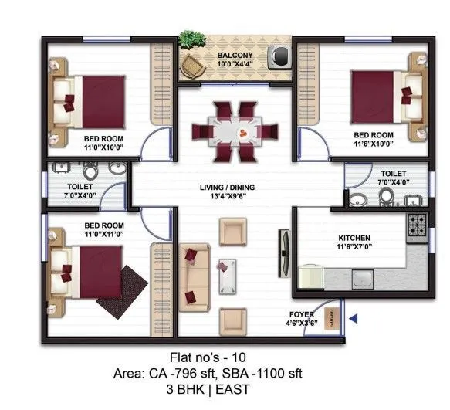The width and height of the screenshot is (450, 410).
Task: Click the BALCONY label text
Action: click(x=234, y=56)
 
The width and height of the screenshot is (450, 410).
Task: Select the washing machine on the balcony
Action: click(x=278, y=56)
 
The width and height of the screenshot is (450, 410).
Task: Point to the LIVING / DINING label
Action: click(x=227, y=188)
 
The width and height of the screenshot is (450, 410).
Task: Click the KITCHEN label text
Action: click(x=354, y=238)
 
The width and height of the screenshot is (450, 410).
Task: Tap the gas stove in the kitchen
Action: click(x=418, y=225)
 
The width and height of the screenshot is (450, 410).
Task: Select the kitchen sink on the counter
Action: click(x=362, y=276)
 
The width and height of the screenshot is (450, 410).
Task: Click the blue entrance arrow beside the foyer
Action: click(x=353, y=318)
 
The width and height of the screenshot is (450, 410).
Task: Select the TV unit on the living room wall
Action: click(x=284, y=253)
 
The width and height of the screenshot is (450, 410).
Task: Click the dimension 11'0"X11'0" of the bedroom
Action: click(x=104, y=234)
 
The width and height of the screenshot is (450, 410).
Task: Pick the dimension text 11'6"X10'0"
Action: click(x=374, y=144)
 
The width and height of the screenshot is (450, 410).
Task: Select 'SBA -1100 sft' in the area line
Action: click(x=266, y=374)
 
